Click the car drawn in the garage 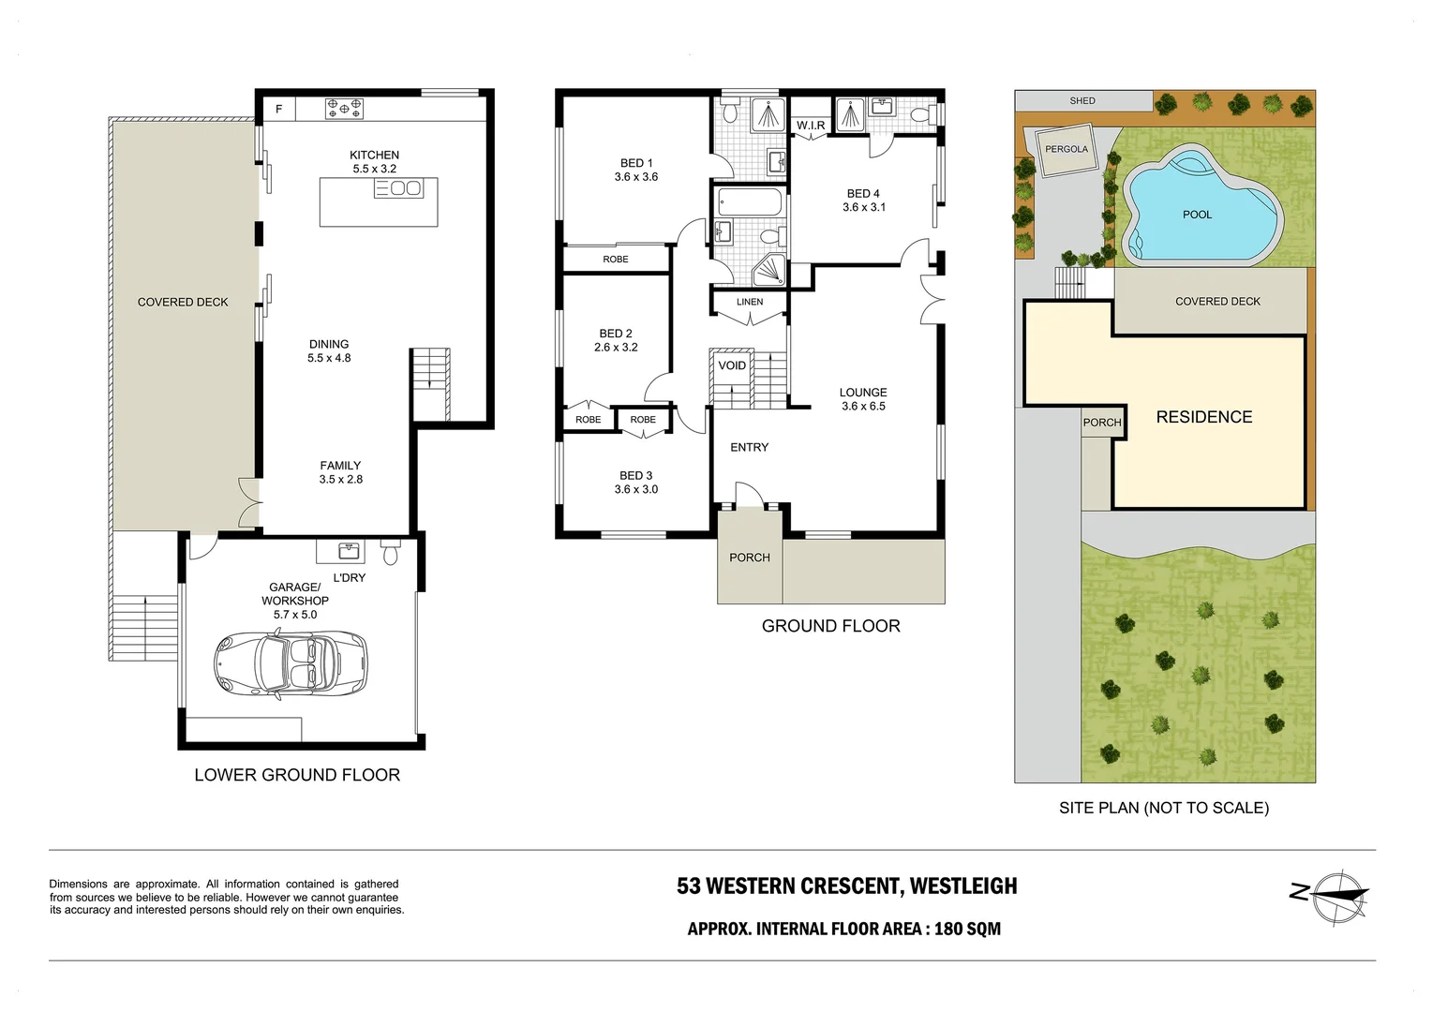coord(291,665)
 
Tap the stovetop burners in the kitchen coord(345,108)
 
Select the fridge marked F coord(279,110)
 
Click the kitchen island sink coord(398,188)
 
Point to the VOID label coord(732,365)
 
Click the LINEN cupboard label coord(750,302)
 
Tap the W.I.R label coord(811,126)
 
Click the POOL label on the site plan coord(1198,215)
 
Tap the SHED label coord(1082,101)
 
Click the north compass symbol coord(1339,897)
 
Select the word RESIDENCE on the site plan coord(1204,417)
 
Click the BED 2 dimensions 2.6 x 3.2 coord(616,347)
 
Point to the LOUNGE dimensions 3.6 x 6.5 coord(863,406)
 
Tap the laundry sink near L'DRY coord(349,550)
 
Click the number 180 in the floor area coord(948,929)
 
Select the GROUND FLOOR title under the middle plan coord(831,626)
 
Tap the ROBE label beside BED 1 coord(616,259)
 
